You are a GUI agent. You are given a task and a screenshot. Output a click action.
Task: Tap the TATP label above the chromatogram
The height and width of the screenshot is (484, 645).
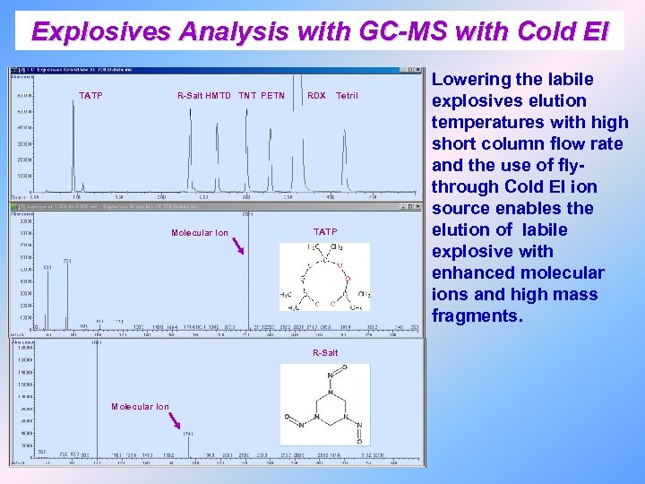[x=90, y=95]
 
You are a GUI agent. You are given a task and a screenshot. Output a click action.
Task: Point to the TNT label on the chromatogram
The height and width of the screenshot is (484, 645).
[x=246, y=95]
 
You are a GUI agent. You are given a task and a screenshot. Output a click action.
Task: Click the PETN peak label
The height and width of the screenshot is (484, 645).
[x=273, y=95]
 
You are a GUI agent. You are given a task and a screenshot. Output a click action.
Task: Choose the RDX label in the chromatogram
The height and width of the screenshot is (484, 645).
[x=316, y=95]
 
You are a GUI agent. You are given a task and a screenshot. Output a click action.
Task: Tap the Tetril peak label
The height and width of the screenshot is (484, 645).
[x=347, y=95]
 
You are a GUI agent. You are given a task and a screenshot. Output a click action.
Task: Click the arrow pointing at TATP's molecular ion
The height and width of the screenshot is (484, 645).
[x=237, y=246]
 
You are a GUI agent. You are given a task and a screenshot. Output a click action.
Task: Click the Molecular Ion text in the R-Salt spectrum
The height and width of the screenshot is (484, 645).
[x=140, y=407]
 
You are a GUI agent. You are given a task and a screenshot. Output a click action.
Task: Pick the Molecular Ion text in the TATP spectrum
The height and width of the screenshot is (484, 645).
[x=199, y=233]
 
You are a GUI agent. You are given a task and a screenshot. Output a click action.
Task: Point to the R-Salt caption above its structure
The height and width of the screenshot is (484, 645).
[x=325, y=353]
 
